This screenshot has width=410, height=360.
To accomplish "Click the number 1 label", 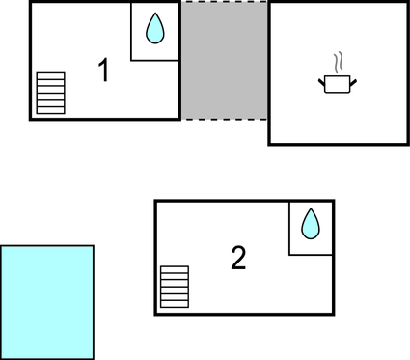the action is (104, 69).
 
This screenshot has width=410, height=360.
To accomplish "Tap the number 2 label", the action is (238, 258).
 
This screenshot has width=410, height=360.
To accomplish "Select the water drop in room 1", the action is (154, 29).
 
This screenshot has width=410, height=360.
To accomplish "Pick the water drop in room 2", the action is (310, 224).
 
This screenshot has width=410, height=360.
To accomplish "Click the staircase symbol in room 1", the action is (50, 94).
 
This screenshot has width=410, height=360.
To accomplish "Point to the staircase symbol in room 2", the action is (175, 286).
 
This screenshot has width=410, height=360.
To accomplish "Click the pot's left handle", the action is (321, 81).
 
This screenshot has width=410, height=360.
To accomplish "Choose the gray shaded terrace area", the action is (224, 60).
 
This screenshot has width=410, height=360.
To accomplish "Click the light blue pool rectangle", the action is (47, 301).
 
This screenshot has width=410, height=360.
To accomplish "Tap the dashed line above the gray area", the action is (224, 2).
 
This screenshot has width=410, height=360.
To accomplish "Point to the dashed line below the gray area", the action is (224, 119).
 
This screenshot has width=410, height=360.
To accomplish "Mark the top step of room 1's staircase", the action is (50, 75).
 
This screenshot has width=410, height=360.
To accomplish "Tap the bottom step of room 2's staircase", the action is (175, 303).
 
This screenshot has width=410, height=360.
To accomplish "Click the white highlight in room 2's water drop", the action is (308, 229).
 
